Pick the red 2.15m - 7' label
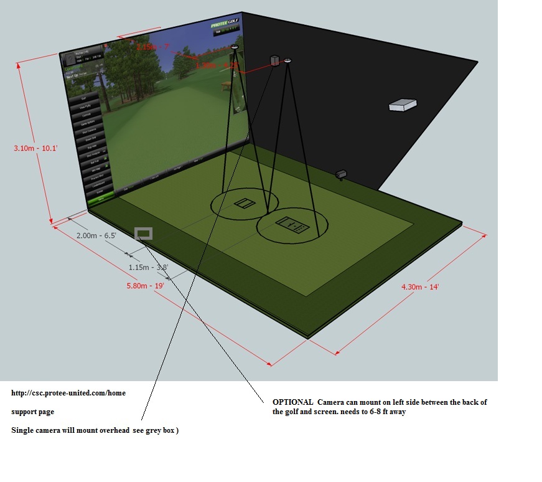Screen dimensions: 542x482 (x=152, y=47)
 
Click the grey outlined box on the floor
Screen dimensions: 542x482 (x=143, y=234)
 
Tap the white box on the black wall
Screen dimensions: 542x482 (x=402, y=105)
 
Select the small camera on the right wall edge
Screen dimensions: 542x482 (x=341, y=174)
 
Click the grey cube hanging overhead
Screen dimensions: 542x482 (x=274, y=60)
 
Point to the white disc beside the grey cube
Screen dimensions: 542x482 (x=287, y=60)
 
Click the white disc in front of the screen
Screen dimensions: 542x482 (x=235, y=47)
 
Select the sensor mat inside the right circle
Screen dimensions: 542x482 (x=291, y=225)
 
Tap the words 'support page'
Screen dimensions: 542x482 (x=32, y=412)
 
